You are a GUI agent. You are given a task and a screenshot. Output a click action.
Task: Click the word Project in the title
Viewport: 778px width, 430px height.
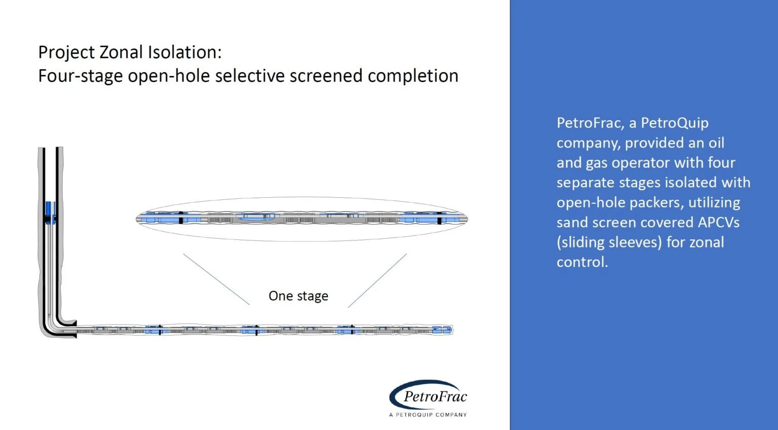[x=66, y=53]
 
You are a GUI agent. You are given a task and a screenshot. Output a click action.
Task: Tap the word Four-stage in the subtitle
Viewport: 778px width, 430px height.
[x=81, y=76]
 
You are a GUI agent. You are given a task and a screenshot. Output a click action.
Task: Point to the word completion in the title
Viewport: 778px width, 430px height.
[x=413, y=76]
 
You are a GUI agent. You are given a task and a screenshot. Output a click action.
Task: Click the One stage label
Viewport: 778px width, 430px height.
[x=298, y=296]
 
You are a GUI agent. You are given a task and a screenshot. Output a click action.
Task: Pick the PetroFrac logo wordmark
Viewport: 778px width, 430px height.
[x=435, y=397]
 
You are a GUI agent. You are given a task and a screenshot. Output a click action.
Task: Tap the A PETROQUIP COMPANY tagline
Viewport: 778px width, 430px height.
[x=428, y=415]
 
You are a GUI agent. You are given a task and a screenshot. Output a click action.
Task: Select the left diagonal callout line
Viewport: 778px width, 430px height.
[x=216, y=279]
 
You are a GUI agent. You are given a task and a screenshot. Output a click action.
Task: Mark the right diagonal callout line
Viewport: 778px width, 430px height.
[x=377, y=280]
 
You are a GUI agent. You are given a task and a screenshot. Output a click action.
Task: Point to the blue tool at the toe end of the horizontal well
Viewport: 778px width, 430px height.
[x=442, y=330]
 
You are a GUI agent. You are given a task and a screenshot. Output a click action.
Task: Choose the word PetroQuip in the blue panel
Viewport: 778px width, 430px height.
[x=675, y=123]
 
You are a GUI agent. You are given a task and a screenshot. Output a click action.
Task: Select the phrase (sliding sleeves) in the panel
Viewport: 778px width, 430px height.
[x=609, y=242]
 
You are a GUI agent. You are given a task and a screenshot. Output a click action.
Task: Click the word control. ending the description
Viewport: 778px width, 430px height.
[x=582, y=262]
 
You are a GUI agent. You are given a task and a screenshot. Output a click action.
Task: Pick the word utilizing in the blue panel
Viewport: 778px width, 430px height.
[x=714, y=203]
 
